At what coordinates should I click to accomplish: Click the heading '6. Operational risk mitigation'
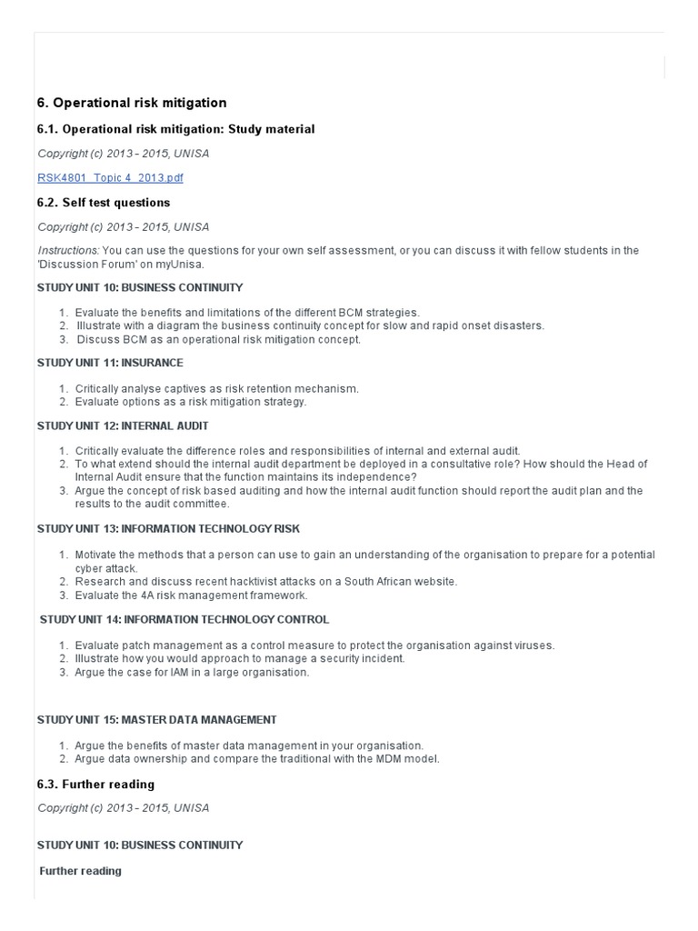click(132, 103)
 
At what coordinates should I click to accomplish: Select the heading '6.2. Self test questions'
click(104, 203)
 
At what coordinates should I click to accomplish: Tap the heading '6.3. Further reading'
click(95, 785)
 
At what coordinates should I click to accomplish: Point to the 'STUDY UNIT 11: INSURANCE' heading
click(110, 363)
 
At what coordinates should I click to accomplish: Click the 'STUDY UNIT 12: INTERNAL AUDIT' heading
click(123, 425)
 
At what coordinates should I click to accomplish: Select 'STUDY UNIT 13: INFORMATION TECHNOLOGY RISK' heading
click(168, 528)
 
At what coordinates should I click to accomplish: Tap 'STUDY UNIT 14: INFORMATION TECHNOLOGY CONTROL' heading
click(184, 620)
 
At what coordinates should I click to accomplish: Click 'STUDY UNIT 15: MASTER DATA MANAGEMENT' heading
click(156, 719)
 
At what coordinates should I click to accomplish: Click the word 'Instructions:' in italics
click(68, 250)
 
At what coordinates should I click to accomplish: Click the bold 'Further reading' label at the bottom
click(80, 871)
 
